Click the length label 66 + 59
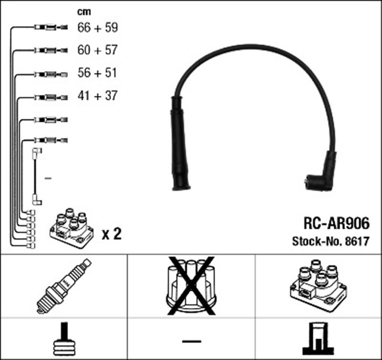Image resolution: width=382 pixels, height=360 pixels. (x=98, y=27)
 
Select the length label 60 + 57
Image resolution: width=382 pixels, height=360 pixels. (x=98, y=50)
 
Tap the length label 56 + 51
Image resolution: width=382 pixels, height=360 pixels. (x=98, y=73)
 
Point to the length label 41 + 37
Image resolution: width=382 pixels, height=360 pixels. (x=98, y=96)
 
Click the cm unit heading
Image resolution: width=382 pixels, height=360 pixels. (x=84, y=11)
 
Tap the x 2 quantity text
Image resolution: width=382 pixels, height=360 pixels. (x=111, y=233)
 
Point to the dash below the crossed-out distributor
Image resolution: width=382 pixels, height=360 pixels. (x=192, y=341)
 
